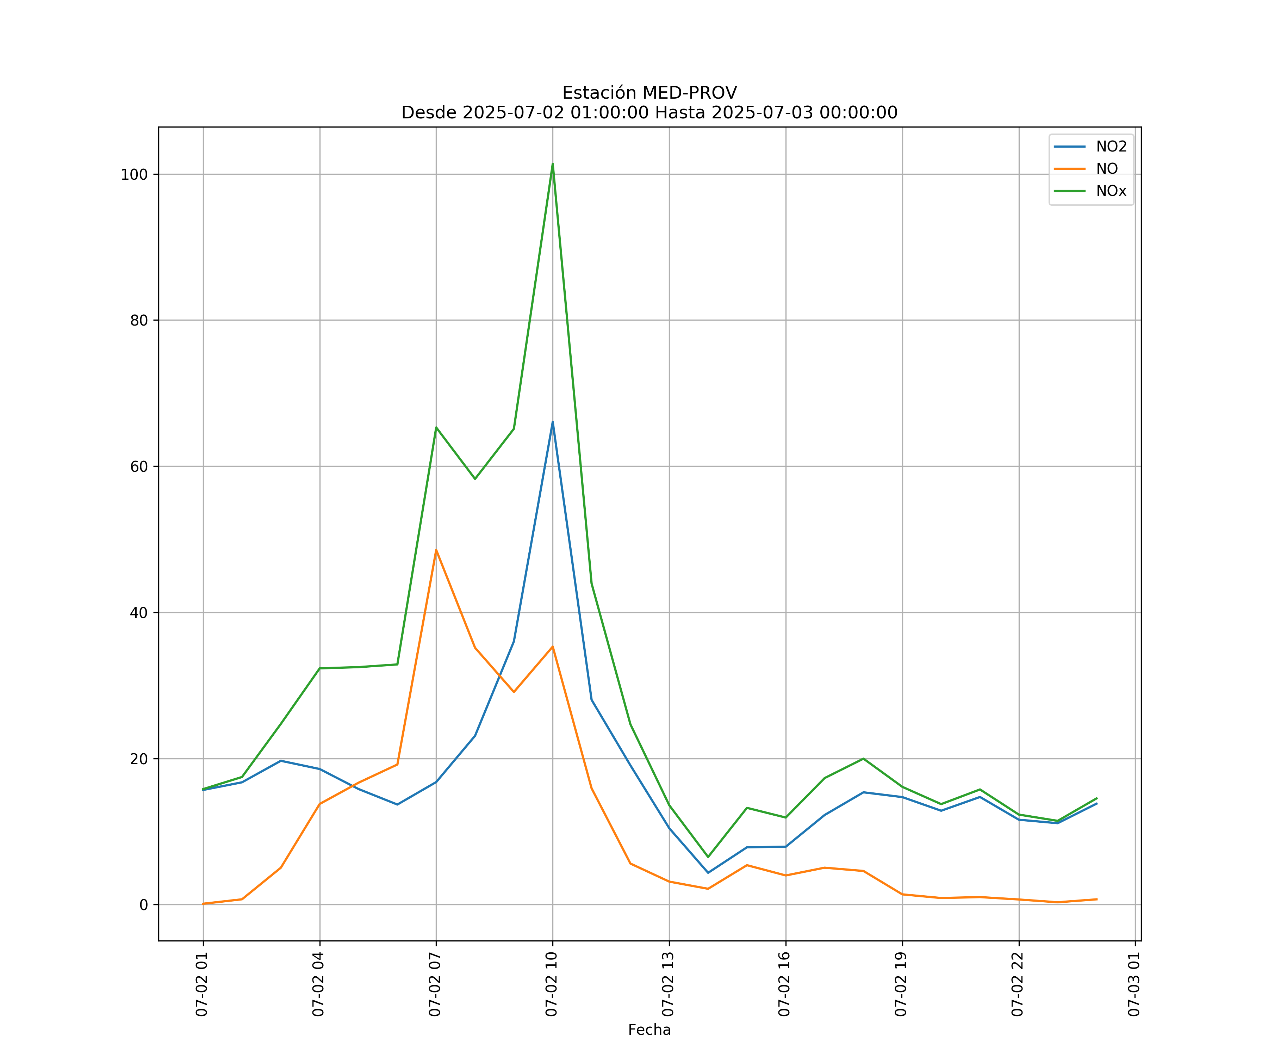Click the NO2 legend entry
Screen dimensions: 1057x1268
coord(1111,147)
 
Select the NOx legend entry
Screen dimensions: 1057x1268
coord(1111,191)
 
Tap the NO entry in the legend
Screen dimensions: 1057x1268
coord(1107,169)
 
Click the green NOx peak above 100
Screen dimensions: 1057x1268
coord(553,164)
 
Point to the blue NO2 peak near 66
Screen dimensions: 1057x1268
coord(553,422)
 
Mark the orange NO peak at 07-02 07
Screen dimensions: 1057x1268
coord(436,550)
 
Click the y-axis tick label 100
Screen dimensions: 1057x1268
coord(134,174)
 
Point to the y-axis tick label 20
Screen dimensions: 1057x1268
coord(138,759)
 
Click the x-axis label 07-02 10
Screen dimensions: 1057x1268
coord(551,984)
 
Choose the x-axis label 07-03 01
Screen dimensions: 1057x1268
coord(1134,984)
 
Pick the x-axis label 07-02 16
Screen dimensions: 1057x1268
coord(784,984)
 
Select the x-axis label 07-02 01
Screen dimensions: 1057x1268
coord(202,984)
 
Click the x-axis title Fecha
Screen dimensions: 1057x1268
coord(649,1030)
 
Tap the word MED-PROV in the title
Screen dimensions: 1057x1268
coord(690,93)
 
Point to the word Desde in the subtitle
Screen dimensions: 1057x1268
coord(429,113)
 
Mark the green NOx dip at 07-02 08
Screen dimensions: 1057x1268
coord(475,479)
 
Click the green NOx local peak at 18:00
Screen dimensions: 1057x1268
coord(863,759)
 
